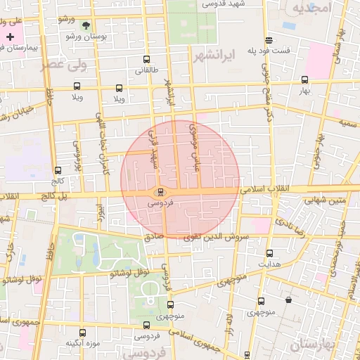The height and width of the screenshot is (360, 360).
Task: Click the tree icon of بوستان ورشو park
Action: pos(86,25)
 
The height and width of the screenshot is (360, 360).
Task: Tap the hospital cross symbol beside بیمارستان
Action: pos(10,36)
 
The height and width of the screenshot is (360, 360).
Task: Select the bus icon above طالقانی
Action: pos(146,60)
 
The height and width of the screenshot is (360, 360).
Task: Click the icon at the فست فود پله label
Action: pos(269,39)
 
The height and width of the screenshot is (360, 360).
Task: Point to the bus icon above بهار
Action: pos(304,80)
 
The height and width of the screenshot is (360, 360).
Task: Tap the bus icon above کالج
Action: pos(57,170)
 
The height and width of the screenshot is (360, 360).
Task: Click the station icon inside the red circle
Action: pos(160,191)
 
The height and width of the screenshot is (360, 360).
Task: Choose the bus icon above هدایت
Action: pos(270,253)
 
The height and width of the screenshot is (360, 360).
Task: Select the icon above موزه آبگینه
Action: pos(82,333)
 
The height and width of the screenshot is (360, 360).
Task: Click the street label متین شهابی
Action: pos(324,200)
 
